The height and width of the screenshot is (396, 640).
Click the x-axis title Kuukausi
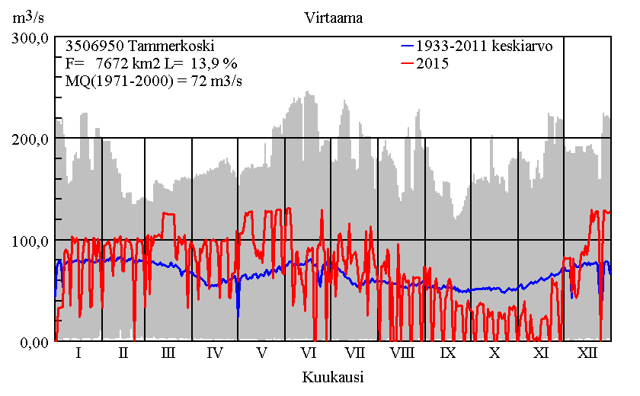click(332, 377)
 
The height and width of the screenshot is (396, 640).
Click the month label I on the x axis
click(78, 353)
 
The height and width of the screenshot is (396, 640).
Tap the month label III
click(168, 353)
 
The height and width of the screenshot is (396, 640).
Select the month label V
click(261, 353)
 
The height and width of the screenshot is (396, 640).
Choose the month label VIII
click(402, 353)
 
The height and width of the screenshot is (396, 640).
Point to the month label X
click(494, 353)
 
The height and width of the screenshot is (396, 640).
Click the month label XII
click(587, 353)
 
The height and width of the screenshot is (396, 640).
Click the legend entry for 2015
click(432, 64)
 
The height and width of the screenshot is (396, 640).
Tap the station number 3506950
click(93, 46)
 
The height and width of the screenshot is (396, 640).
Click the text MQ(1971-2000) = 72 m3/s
click(154, 82)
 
